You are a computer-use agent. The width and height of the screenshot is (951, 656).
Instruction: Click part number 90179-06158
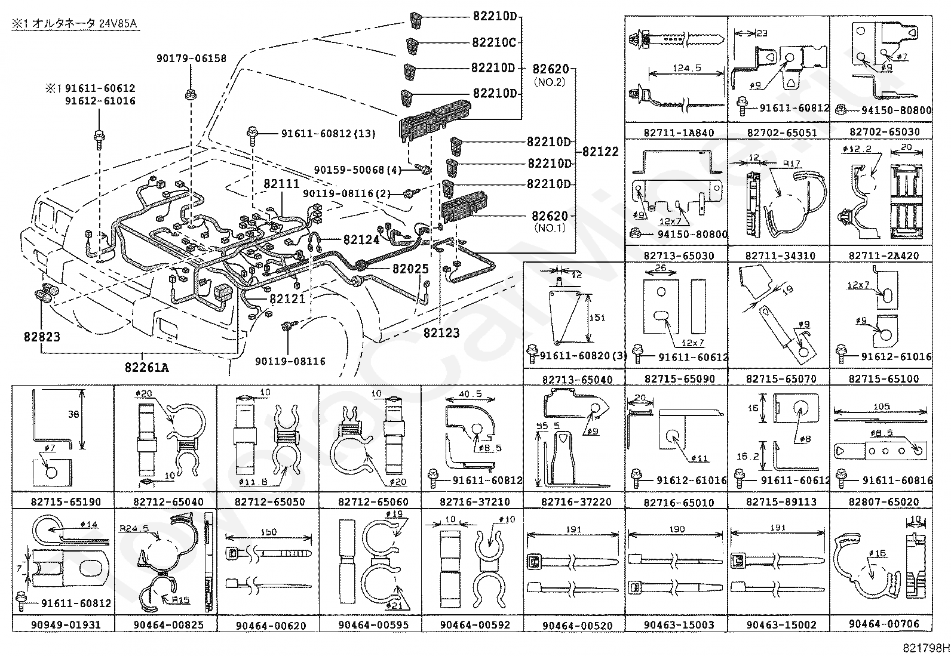tap(191, 58)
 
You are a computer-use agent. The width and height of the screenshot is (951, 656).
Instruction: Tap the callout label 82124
tap(361, 240)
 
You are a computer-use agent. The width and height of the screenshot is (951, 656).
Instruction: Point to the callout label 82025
tap(410, 269)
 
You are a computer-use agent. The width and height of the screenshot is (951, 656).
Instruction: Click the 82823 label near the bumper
tap(42, 337)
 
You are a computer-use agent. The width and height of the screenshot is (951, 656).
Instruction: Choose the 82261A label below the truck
tap(146, 368)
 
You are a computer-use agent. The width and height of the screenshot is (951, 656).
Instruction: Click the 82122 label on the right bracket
tap(600, 152)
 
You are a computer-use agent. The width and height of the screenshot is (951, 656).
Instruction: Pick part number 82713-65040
tap(576, 380)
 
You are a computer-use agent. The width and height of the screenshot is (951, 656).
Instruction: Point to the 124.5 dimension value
tap(687, 69)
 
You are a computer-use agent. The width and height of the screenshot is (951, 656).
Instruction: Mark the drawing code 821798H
tap(925, 647)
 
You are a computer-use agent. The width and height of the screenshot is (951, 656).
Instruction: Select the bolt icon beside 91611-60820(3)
tap(531, 355)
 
